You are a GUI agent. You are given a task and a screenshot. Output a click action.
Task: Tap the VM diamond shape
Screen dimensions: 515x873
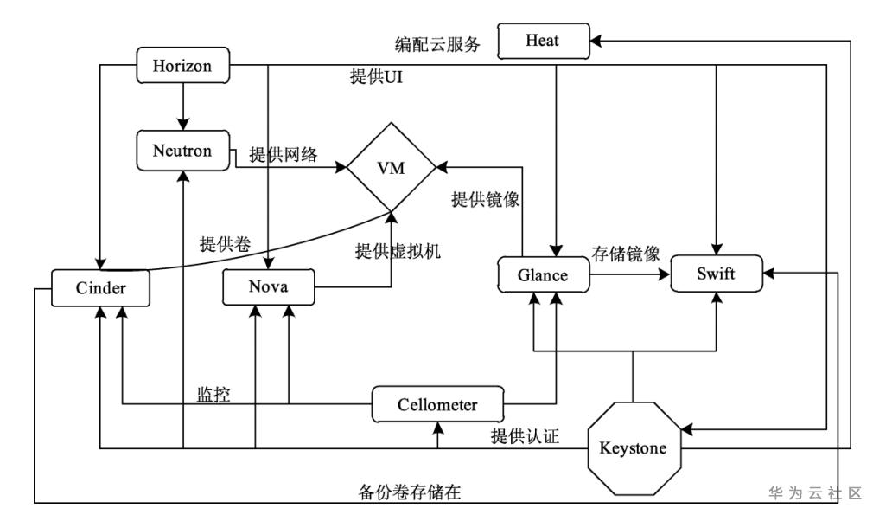click(x=390, y=168)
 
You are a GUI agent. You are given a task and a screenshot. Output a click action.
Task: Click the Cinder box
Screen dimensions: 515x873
click(x=101, y=288)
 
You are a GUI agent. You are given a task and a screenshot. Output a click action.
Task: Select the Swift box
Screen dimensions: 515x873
click(x=717, y=275)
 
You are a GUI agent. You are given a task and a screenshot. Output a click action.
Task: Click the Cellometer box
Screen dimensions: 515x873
click(x=437, y=404)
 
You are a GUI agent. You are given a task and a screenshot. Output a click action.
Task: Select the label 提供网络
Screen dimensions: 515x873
click(x=284, y=156)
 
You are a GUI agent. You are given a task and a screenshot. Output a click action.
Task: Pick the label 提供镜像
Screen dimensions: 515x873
click(x=485, y=200)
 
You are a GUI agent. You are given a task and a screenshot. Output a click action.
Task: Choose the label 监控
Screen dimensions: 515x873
click(x=214, y=393)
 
